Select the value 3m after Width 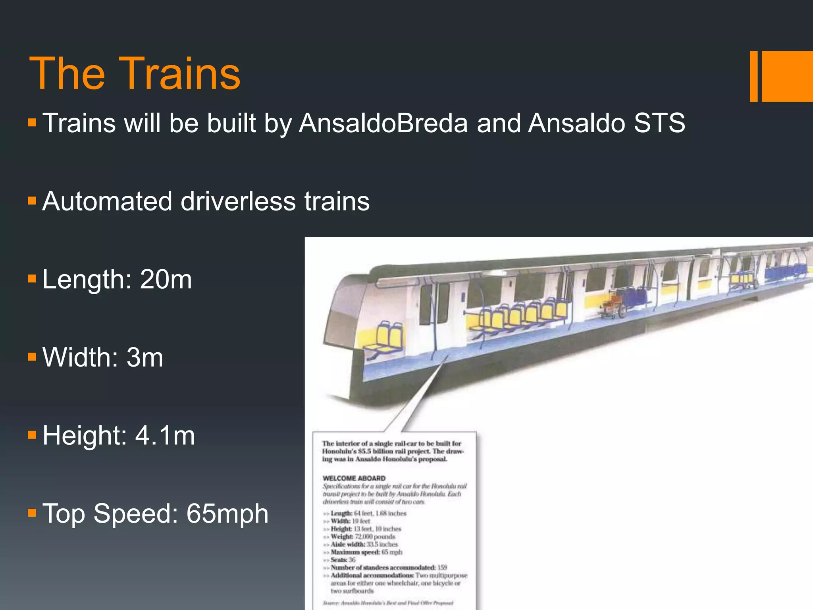tap(144, 357)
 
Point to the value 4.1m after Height tap(165, 435)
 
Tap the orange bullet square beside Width tap(32, 357)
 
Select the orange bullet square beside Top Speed tap(32, 513)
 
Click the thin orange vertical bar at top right tap(753, 76)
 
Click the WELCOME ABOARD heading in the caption tap(354, 478)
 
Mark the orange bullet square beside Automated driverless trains tap(32, 201)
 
